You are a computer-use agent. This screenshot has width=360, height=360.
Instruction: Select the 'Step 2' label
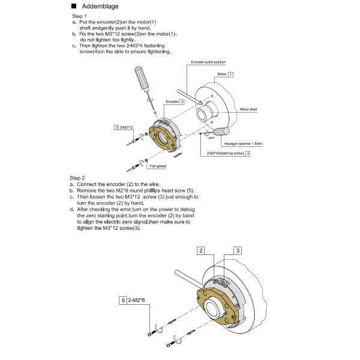click(x=78, y=178)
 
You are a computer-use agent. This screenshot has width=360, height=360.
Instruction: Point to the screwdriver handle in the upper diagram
click(x=141, y=77)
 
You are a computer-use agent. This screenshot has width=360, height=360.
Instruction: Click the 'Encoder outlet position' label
click(x=208, y=62)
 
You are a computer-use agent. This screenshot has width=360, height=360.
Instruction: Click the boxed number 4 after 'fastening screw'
click(x=248, y=154)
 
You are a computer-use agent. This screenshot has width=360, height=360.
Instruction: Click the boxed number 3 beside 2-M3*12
click(x=116, y=128)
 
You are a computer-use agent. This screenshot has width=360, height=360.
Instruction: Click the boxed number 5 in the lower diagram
click(x=122, y=299)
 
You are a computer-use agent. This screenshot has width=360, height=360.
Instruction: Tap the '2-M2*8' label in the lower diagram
click(x=138, y=299)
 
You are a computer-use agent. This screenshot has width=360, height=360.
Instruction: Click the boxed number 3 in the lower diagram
click(x=238, y=250)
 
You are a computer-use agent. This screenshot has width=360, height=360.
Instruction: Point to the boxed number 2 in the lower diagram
click(x=202, y=250)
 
